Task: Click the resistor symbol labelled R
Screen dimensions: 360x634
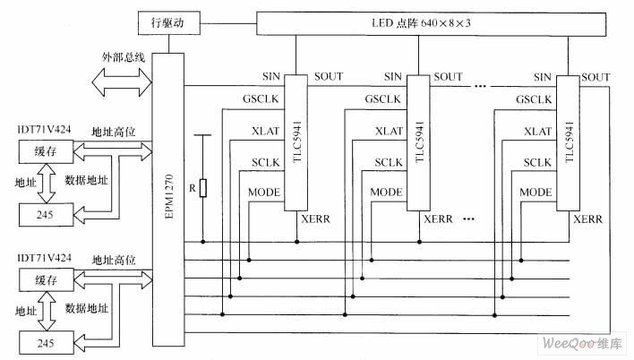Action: [x=203, y=188]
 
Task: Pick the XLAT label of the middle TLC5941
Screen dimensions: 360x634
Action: [x=387, y=131]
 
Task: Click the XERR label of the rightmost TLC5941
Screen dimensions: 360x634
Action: [x=587, y=219]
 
